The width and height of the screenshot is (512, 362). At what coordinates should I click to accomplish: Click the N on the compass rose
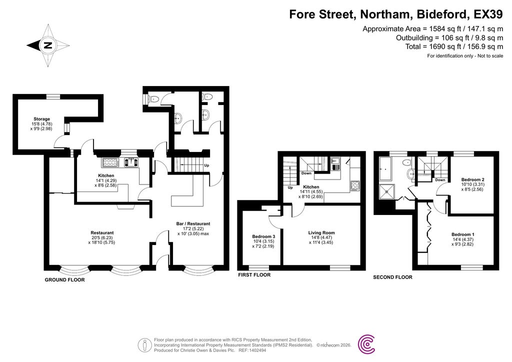(48, 45)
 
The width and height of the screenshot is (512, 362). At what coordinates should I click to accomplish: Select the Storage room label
(42, 119)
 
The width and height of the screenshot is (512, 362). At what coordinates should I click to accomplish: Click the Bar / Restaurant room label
(193, 223)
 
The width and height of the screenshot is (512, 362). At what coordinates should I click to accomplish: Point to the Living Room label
(321, 232)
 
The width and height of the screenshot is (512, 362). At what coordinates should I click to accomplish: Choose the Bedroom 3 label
(262, 236)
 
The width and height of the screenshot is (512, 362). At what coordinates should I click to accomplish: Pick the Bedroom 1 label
(462, 234)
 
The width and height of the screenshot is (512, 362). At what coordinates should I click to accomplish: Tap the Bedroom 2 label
(472, 179)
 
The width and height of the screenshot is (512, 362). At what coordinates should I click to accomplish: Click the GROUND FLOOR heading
(65, 280)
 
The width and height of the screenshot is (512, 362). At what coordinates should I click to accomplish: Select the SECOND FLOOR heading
(392, 277)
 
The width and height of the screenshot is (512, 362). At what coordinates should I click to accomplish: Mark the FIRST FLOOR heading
(254, 275)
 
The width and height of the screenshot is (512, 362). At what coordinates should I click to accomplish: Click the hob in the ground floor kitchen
(109, 162)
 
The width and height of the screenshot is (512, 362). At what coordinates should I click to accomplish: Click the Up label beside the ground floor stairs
(206, 165)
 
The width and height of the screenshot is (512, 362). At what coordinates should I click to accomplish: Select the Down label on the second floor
(440, 180)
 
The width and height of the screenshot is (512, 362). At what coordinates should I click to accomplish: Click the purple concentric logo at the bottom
(368, 344)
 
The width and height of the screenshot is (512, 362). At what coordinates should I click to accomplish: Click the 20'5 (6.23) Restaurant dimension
(102, 238)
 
